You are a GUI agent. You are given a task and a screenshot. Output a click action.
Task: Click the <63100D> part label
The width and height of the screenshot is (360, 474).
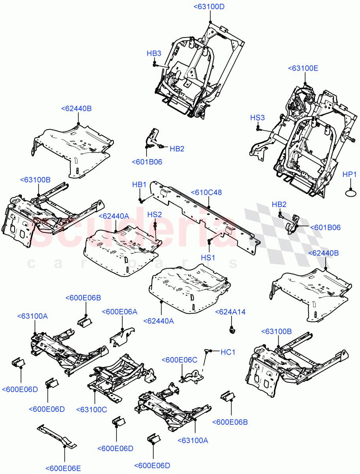209,7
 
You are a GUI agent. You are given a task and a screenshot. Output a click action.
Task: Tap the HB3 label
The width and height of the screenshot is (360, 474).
154,53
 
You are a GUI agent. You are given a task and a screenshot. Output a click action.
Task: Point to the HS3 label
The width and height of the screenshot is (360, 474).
258,118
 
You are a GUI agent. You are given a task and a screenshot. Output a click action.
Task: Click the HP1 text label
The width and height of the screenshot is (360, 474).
350,174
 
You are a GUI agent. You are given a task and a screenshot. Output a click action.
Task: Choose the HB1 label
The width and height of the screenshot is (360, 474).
139,184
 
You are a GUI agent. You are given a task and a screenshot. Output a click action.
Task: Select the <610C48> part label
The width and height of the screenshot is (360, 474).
206,192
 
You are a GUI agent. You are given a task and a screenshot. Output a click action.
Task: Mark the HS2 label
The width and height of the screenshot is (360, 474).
155,214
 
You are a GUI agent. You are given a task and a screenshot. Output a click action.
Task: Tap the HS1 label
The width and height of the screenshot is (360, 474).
208,257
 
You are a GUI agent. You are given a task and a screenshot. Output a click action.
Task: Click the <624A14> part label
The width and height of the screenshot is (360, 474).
230,312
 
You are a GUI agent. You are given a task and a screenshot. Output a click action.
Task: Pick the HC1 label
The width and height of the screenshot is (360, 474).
228,352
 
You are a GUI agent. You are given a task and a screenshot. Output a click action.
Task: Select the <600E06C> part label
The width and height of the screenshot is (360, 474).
179,360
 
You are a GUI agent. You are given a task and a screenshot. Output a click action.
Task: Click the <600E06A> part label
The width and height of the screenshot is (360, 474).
120,312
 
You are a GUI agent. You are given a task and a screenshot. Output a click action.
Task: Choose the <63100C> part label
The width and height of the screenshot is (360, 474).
91,409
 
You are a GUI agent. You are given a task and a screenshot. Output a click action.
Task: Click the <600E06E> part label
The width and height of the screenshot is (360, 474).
63,468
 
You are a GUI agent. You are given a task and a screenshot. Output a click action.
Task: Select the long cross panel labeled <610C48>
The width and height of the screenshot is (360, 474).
205,221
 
